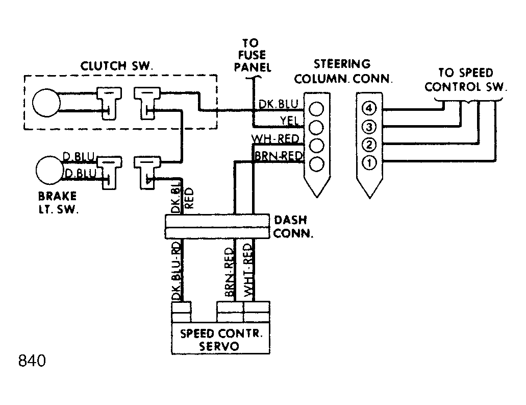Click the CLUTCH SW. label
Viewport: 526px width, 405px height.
click(116, 66)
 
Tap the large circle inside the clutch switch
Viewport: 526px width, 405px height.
click(46, 103)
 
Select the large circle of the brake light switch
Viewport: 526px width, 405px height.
click(49, 170)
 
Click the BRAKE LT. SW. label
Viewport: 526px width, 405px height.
click(58, 203)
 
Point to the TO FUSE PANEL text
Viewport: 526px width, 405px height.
click(253, 55)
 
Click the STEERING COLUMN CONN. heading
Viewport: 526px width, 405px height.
click(343, 71)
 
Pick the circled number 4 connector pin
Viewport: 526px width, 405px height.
click(369, 108)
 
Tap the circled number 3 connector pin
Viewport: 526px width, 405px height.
click(369, 127)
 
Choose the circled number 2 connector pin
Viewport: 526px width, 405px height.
click(369, 145)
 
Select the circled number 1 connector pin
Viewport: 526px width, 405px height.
click(369, 163)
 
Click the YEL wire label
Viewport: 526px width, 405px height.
click(289, 120)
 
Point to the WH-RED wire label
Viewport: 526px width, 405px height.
click(275, 138)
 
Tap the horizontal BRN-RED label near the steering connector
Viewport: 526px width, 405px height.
click(279, 156)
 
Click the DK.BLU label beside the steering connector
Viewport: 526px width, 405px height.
click(279, 104)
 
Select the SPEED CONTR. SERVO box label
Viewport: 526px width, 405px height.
click(221, 340)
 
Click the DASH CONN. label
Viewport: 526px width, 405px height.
click(293, 227)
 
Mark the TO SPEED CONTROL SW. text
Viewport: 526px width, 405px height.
click(466, 80)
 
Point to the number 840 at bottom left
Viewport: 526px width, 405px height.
click(32, 361)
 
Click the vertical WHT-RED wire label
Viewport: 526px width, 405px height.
click(248, 270)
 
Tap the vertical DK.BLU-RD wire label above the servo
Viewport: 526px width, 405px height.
click(177, 271)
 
